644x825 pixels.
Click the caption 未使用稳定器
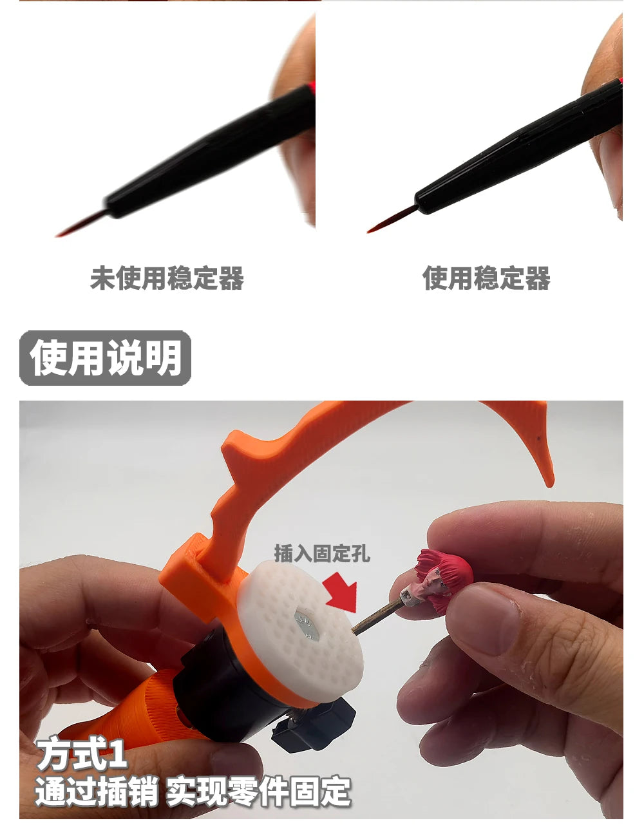167,278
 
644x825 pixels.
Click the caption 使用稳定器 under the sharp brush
486,278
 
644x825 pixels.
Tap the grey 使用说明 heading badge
105,358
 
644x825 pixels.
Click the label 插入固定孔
322,554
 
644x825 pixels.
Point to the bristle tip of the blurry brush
57,236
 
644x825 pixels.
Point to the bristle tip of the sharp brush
368,232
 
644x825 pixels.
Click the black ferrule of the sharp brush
518,146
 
